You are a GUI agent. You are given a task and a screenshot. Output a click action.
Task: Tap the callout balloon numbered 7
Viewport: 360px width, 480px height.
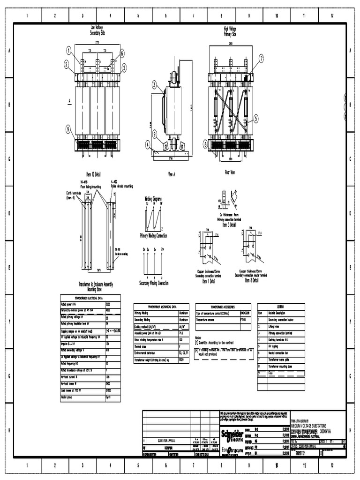tap(261, 59)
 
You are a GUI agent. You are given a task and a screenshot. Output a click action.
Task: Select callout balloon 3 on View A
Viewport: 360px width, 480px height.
tap(154, 84)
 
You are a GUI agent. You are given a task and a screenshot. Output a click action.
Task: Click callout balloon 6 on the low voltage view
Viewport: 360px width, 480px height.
tap(122, 53)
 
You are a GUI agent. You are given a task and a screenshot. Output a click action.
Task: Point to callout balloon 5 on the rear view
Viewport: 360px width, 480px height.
tap(256, 118)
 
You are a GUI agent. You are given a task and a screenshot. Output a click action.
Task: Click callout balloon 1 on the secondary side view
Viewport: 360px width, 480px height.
tap(69, 50)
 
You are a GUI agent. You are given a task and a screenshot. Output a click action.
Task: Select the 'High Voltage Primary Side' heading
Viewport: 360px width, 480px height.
tap(230, 31)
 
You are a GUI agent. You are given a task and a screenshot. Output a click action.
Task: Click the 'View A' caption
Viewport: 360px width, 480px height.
tap(171, 173)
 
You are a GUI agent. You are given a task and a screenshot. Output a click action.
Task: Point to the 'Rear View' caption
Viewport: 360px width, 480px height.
tap(230, 172)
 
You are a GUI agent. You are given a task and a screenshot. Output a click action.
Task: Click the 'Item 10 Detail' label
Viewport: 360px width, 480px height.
tap(93, 174)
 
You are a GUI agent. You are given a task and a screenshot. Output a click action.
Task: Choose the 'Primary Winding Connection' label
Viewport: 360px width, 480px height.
tap(153, 235)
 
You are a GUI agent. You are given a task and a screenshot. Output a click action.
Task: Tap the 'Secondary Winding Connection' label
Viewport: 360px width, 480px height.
tap(154, 283)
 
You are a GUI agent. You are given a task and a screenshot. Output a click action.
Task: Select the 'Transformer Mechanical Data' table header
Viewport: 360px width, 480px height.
tap(161, 306)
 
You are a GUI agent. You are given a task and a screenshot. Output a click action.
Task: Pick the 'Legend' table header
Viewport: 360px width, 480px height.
tap(281, 306)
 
